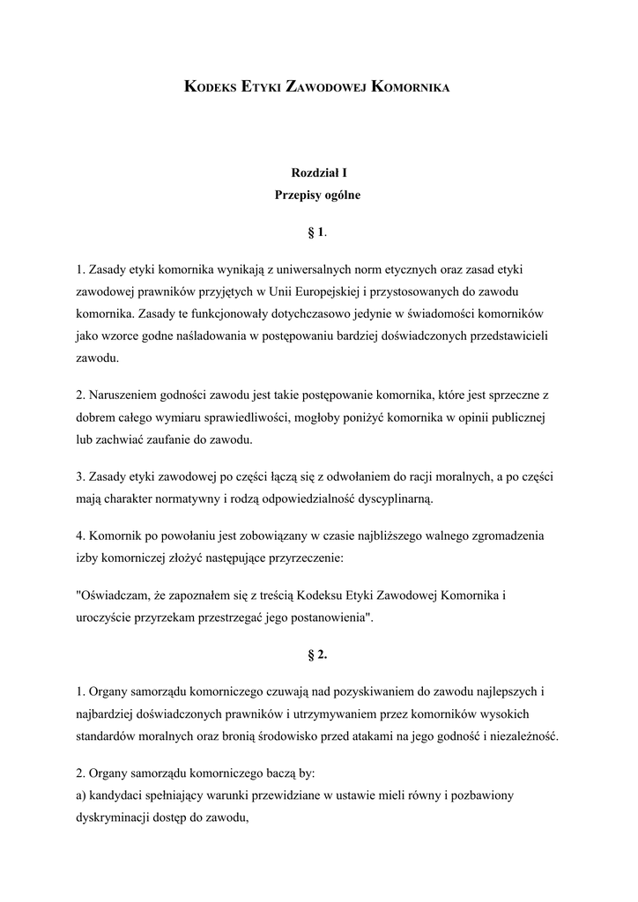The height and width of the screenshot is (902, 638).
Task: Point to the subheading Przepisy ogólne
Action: pyautogui.click(x=318, y=196)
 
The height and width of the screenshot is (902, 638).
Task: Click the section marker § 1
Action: pyautogui.click(x=317, y=233)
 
